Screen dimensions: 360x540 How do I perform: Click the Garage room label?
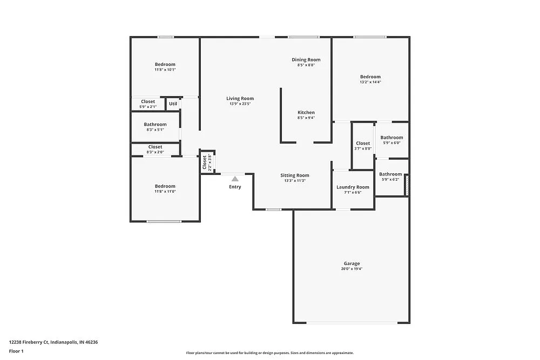point(351,263)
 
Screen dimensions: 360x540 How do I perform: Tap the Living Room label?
point(240,99)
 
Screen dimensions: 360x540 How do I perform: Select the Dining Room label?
point(306,60)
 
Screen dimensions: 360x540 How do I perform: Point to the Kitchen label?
point(306,113)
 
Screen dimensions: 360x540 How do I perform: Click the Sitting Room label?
point(295,175)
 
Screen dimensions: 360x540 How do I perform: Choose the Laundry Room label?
point(353,187)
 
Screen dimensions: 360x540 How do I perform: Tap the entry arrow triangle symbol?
point(235,178)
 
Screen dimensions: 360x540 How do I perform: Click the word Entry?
point(235,187)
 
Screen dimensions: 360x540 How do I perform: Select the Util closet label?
point(173,104)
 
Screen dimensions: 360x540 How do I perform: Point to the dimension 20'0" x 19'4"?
point(351,269)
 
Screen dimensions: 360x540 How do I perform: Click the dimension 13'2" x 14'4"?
point(370,82)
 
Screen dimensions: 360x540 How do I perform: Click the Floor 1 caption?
point(16,351)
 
